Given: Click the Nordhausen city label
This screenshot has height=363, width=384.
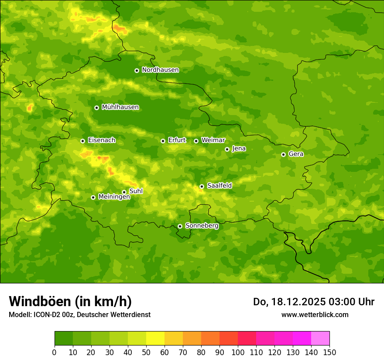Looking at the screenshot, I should click(x=160, y=70).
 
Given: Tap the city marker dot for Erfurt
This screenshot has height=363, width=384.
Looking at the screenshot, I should click(x=163, y=141).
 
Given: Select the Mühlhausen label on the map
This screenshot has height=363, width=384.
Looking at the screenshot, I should click(x=120, y=107).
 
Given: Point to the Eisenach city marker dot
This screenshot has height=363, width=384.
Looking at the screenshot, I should click(x=82, y=141).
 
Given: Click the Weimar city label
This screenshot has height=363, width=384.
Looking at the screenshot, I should click(x=213, y=140).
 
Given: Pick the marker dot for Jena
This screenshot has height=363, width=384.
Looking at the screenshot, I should click(x=227, y=149).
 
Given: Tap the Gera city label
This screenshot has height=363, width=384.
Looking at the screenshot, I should click(x=296, y=154).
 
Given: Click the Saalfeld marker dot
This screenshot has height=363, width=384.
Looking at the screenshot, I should click(x=202, y=186).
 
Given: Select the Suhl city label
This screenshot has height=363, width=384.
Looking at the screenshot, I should click(x=136, y=191).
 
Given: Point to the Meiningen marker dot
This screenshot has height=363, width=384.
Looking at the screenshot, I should click(x=93, y=197).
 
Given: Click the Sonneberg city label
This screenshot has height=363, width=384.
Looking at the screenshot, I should click(x=202, y=226).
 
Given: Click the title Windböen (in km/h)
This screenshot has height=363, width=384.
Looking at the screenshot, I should click(x=70, y=301).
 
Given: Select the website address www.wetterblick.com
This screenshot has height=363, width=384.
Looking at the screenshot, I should click(x=315, y=314).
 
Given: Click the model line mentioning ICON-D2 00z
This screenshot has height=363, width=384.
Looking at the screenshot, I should click(x=79, y=314).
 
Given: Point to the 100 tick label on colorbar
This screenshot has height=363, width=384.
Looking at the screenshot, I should click(x=238, y=352).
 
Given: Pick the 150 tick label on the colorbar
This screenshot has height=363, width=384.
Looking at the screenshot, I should click(x=329, y=352).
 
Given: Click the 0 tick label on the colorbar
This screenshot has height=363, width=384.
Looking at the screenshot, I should click(x=55, y=352).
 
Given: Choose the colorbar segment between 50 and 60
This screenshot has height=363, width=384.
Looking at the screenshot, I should click(x=155, y=339).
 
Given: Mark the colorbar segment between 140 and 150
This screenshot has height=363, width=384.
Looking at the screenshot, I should click(x=320, y=339).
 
